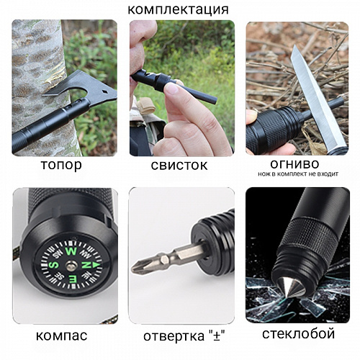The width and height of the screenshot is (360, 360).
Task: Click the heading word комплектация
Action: (178, 10)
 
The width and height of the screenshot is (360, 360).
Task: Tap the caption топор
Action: (61, 165)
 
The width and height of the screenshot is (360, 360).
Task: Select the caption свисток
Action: (179, 166)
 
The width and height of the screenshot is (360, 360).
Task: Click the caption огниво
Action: (294, 164)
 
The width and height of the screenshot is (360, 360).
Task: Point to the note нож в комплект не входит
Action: (298, 174)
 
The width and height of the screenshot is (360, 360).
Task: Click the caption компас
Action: (62, 336)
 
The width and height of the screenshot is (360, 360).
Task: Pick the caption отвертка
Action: (174, 336)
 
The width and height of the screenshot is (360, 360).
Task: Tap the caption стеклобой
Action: (298, 333)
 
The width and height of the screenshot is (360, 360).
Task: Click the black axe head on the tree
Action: (81, 87)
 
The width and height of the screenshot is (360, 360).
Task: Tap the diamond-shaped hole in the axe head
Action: (105, 91)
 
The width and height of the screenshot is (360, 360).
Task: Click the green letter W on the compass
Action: (71, 251)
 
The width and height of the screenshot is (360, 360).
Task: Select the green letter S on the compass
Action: (53, 265)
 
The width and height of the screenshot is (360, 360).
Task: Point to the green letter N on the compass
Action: (85, 265)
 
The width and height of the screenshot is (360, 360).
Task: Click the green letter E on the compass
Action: (73, 279)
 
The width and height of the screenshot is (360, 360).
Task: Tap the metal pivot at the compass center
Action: (71, 265)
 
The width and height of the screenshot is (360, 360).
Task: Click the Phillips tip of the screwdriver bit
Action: (138, 266)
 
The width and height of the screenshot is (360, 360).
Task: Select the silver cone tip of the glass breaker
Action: (285, 286)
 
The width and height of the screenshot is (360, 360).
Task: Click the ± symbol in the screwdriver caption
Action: (217, 336)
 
